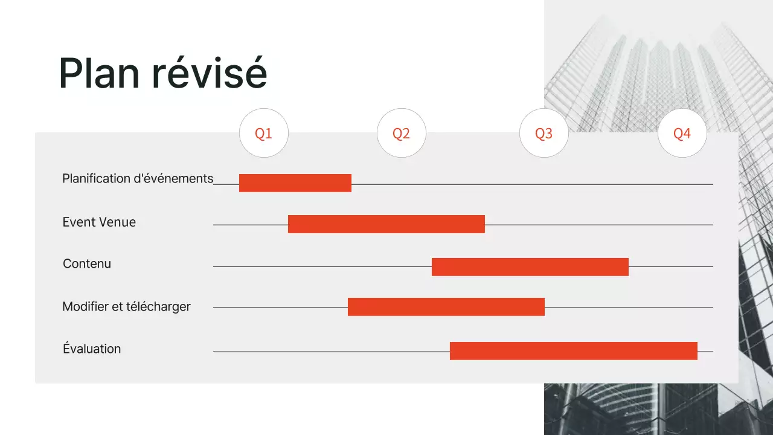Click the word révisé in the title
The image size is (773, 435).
[209, 74]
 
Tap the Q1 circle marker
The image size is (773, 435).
[264, 133]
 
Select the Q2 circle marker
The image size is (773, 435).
[402, 133]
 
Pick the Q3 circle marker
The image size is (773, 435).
[544, 133]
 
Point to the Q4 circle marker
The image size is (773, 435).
[682, 133]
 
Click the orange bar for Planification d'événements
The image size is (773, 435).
[295, 183]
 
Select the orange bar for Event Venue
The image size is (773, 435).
[386, 224]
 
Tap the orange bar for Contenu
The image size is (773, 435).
[530, 267]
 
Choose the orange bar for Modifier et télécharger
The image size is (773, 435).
[446, 307]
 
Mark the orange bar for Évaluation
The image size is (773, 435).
[574, 351]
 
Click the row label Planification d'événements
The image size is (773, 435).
[138, 179]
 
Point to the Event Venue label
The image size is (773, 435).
[99, 222]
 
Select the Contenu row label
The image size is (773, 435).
[87, 264]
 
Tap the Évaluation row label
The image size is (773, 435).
[92, 349]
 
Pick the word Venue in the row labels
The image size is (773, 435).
[116, 222]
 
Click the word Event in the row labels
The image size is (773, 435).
[78, 222]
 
